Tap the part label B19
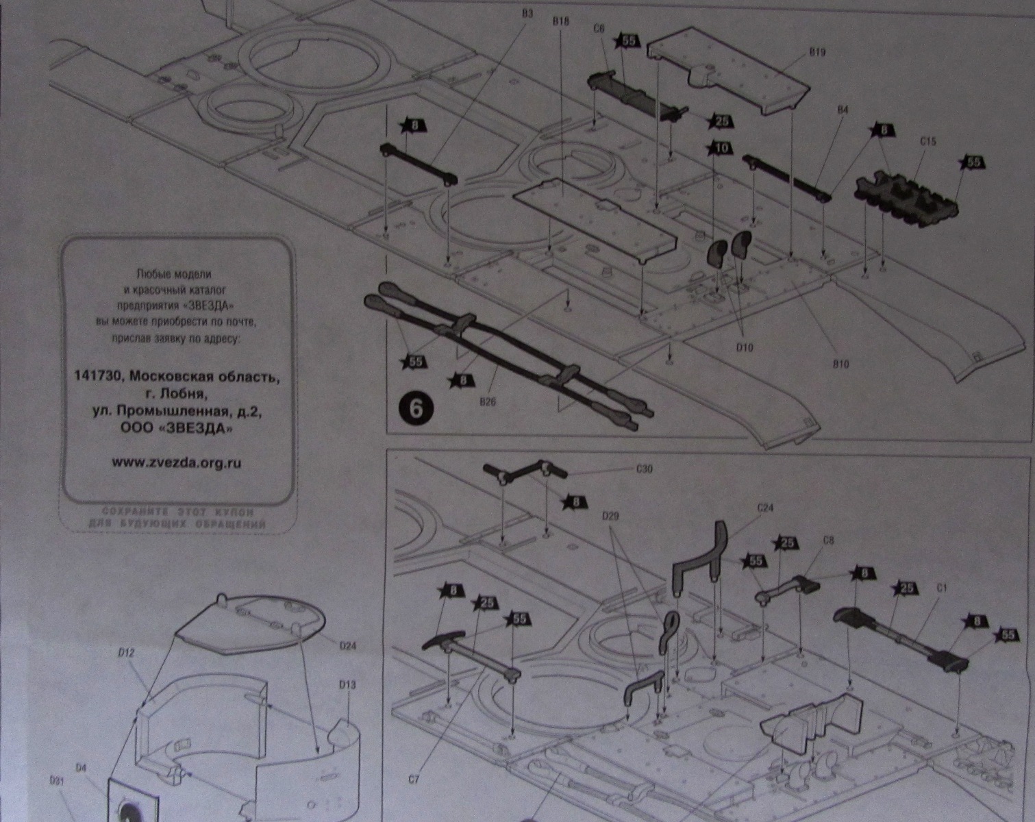tap(816, 53)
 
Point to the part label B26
tap(487, 402)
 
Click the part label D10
tap(744, 347)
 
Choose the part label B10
tap(840, 364)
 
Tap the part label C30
tap(644, 469)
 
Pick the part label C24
tap(765, 508)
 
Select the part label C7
tap(413, 779)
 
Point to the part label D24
tap(348, 645)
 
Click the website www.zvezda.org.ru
tap(176, 462)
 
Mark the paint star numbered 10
tap(721, 148)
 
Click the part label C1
tap(941, 587)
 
